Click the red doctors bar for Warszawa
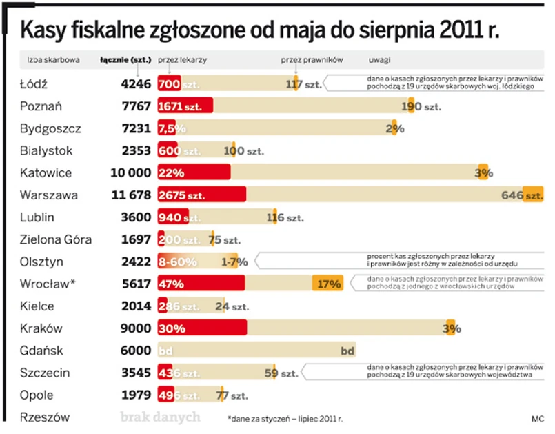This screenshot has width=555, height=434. click(x=201, y=195)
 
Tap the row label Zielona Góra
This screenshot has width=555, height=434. click(x=56, y=240)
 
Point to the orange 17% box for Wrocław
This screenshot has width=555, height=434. click(x=327, y=284)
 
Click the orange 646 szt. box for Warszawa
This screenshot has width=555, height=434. click(x=533, y=195)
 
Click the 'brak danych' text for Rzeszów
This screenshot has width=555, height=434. click(x=160, y=417)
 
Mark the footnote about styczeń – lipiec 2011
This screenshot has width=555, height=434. click(x=284, y=419)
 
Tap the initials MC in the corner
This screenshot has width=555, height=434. click(x=538, y=419)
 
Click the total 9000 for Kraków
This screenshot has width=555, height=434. click(x=135, y=328)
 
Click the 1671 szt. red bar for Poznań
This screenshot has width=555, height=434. click(x=185, y=107)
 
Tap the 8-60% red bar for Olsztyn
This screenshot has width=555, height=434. click(x=178, y=262)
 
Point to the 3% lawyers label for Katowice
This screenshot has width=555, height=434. click(x=484, y=173)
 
